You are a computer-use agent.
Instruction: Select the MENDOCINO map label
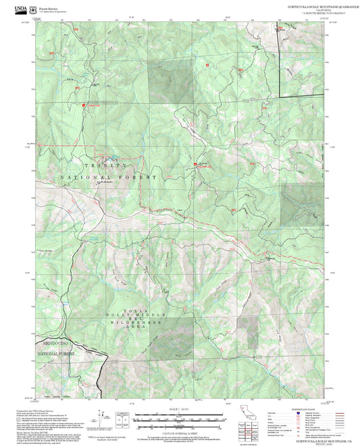click(x=56, y=343)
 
